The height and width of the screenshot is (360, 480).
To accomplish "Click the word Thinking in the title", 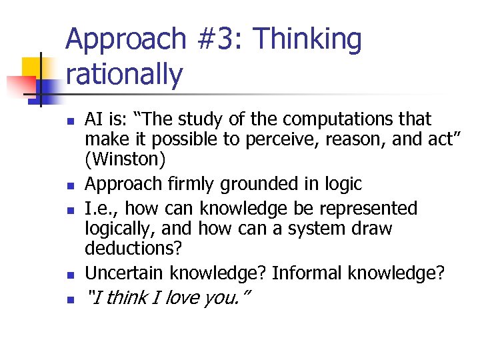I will coord(307,40).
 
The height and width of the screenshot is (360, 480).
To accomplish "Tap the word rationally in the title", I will coord(124,75).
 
